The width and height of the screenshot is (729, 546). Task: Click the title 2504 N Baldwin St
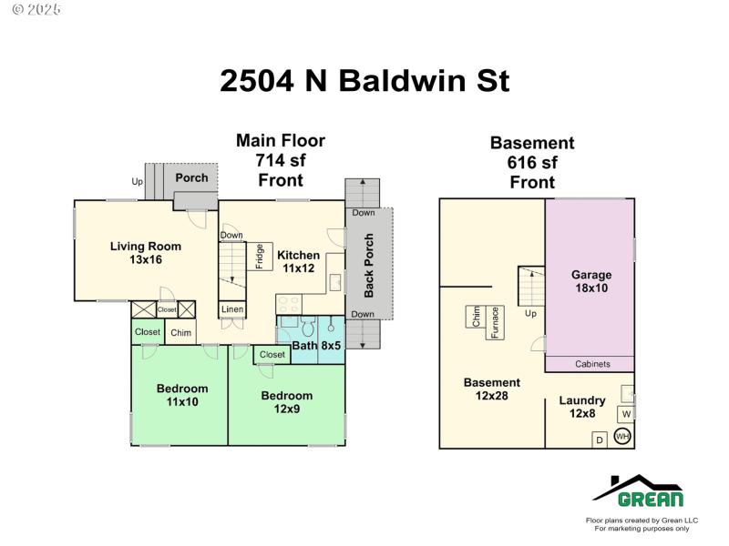click(x=364, y=81)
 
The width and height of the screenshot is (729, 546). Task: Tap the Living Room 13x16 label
click(x=146, y=252)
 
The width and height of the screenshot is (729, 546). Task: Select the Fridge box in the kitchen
click(x=260, y=256)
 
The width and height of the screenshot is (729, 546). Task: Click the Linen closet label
click(x=232, y=309)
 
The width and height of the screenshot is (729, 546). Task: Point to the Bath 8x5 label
click(x=316, y=345)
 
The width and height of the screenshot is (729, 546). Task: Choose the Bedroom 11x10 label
click(x=181, y=395)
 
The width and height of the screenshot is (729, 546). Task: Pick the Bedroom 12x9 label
click(x=286, y=402)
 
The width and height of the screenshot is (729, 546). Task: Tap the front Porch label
click(x=191, y=177)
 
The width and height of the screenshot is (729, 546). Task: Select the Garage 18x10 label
click(x=590, y=281)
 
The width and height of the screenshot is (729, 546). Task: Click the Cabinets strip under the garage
click(x=591, y=364)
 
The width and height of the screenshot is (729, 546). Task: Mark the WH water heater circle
click(x=623, y=437)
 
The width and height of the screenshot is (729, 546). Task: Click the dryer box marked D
click(x=599, y=440)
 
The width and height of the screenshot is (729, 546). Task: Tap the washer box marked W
click(x=626, y=415)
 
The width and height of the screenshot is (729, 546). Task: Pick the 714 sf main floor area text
click(x=281, y=160)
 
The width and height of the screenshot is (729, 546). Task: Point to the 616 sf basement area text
click(x=532, y=163)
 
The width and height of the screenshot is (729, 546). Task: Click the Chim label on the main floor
click(x=181, y=333)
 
